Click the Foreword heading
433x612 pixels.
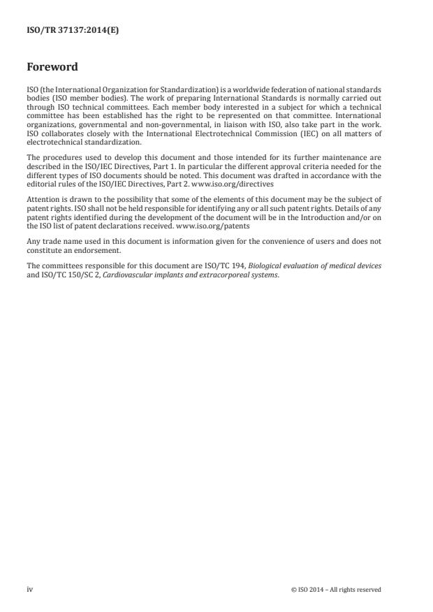[x=52, y=68]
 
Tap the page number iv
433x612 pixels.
[x=29, y=589]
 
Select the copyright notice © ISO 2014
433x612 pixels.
[x=336, y=590]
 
